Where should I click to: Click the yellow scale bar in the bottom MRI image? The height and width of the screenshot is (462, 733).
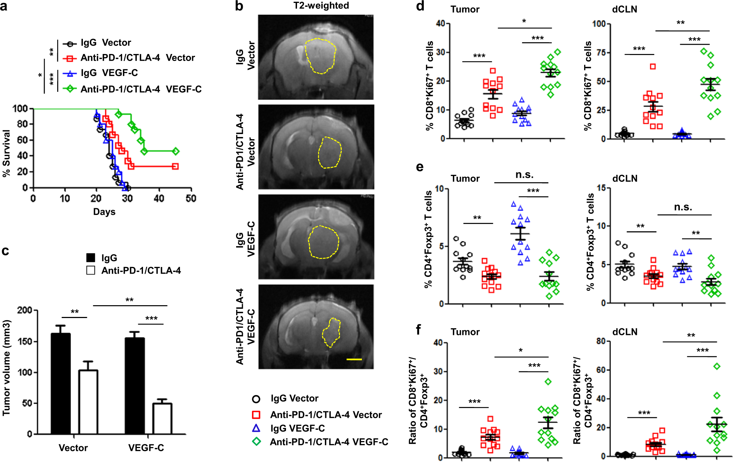(354, 359)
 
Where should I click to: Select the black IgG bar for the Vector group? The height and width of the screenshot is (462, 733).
(61, 384)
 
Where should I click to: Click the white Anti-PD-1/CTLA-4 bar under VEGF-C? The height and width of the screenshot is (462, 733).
(162, 419)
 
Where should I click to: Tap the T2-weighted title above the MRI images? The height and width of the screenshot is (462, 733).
(321, 6)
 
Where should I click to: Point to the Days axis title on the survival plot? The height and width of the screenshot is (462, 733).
(104, 212)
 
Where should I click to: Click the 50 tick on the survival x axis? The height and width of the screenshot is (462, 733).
(191, 199)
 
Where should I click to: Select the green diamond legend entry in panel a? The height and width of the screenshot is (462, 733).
(69, 89)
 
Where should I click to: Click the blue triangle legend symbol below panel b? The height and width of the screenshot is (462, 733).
(256, 428)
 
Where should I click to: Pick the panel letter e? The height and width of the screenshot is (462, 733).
(420, 167)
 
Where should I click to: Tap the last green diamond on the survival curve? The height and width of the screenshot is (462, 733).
(176, 151)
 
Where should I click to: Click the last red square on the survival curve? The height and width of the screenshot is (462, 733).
(175, 167)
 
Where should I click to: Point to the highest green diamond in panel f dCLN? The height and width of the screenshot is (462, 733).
(717, 366)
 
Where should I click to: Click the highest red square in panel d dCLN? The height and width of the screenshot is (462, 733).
(653, 66)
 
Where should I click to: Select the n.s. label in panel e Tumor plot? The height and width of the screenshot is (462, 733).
(524, 175)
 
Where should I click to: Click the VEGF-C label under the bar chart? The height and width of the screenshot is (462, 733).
(146, 448)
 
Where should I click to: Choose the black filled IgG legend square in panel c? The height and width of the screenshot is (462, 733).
(91, 258)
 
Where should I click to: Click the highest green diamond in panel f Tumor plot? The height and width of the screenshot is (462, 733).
(548, 382)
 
